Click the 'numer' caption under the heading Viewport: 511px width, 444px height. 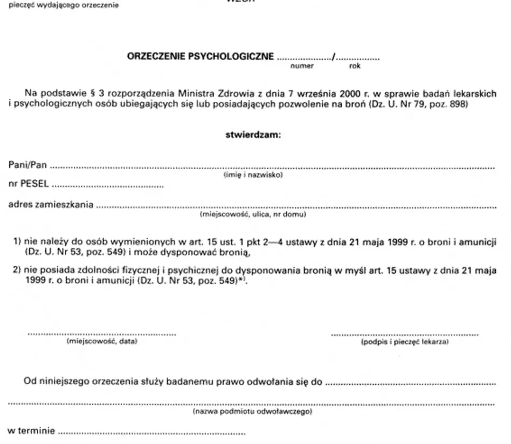302,66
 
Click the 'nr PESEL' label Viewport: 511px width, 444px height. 28,184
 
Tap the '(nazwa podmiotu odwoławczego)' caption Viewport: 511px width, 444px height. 253,412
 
